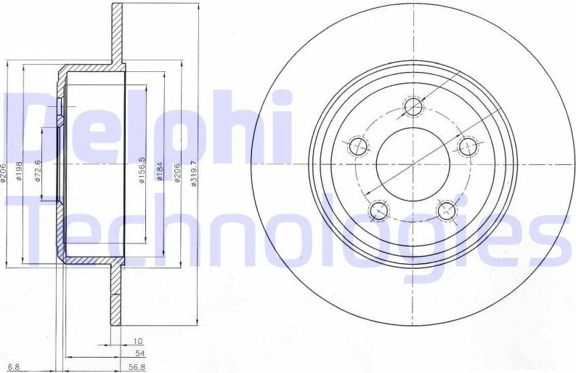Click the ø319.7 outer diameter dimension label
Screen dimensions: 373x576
[194, 175]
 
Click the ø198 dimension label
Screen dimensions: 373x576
[20, 173]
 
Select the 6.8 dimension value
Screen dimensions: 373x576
[13, 366]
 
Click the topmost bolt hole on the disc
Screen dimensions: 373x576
[413, 108]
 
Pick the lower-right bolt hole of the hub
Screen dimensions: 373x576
[445, 212]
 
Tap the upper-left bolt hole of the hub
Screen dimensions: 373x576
[358, 147]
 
